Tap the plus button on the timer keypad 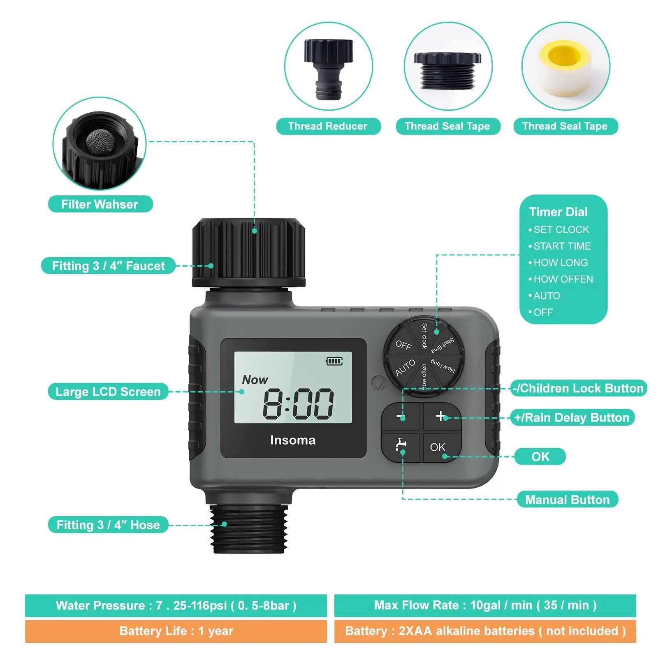[441, 416]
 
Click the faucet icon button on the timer [401, 446]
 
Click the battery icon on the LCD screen [334, 361]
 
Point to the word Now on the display [255, 380]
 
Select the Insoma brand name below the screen [293, 440]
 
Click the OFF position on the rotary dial [403, 345]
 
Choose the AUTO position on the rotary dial [405, 368]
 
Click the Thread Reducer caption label [328, 126]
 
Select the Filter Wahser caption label [100, 204]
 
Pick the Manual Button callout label [567, 500]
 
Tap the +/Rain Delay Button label [572, 418]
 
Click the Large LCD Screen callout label [108, 392]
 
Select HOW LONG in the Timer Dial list [560, 263]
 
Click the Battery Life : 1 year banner [176, 631]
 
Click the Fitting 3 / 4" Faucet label [108, 266]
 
